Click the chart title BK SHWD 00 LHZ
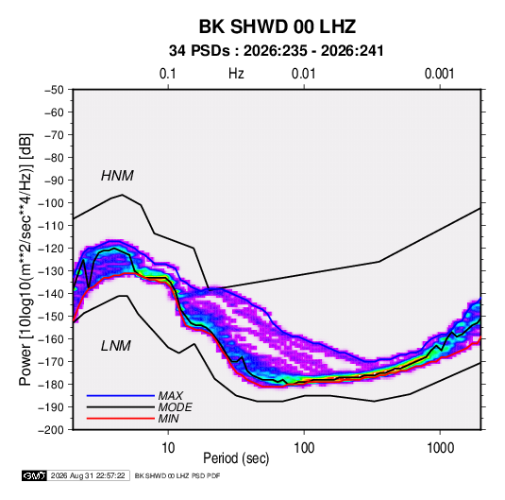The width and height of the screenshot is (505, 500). click(x=278, y=26)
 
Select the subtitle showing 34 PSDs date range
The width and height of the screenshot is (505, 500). click(x=277, y=51)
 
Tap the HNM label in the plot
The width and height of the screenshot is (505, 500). click(x=117, y=176)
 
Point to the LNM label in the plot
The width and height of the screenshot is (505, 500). click(x=116, y=346)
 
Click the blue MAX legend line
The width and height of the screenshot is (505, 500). click(x=121, y=396)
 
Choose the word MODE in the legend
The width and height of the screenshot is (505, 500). click(x=176, y=407)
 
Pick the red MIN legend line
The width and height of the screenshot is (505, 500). click(x=121, y=419)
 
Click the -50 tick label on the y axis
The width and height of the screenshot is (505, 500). click(x=54, y=90)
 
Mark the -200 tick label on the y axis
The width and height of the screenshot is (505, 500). click(x=51, y=430)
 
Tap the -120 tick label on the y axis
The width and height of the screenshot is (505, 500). click(x=51, y=249)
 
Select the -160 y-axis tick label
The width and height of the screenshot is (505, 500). click(x=51, y=339)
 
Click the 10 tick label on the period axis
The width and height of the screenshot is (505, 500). click(x=168, y=448)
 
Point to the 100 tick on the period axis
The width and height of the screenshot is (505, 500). click(x=304, y=448)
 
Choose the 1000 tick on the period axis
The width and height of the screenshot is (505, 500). click(x=440, y=448)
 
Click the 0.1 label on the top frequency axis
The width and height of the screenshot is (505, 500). click(x=168, y=74)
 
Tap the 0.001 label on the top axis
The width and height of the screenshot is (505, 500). click(x=439, y=74)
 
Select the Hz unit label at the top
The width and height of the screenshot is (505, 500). click(x=236, y=74)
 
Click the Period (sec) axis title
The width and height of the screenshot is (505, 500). click(x=236, y=458)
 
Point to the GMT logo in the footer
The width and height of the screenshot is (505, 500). click(x=35, y=475)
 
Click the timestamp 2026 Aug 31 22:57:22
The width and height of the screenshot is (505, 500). click(x=88, y=475)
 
